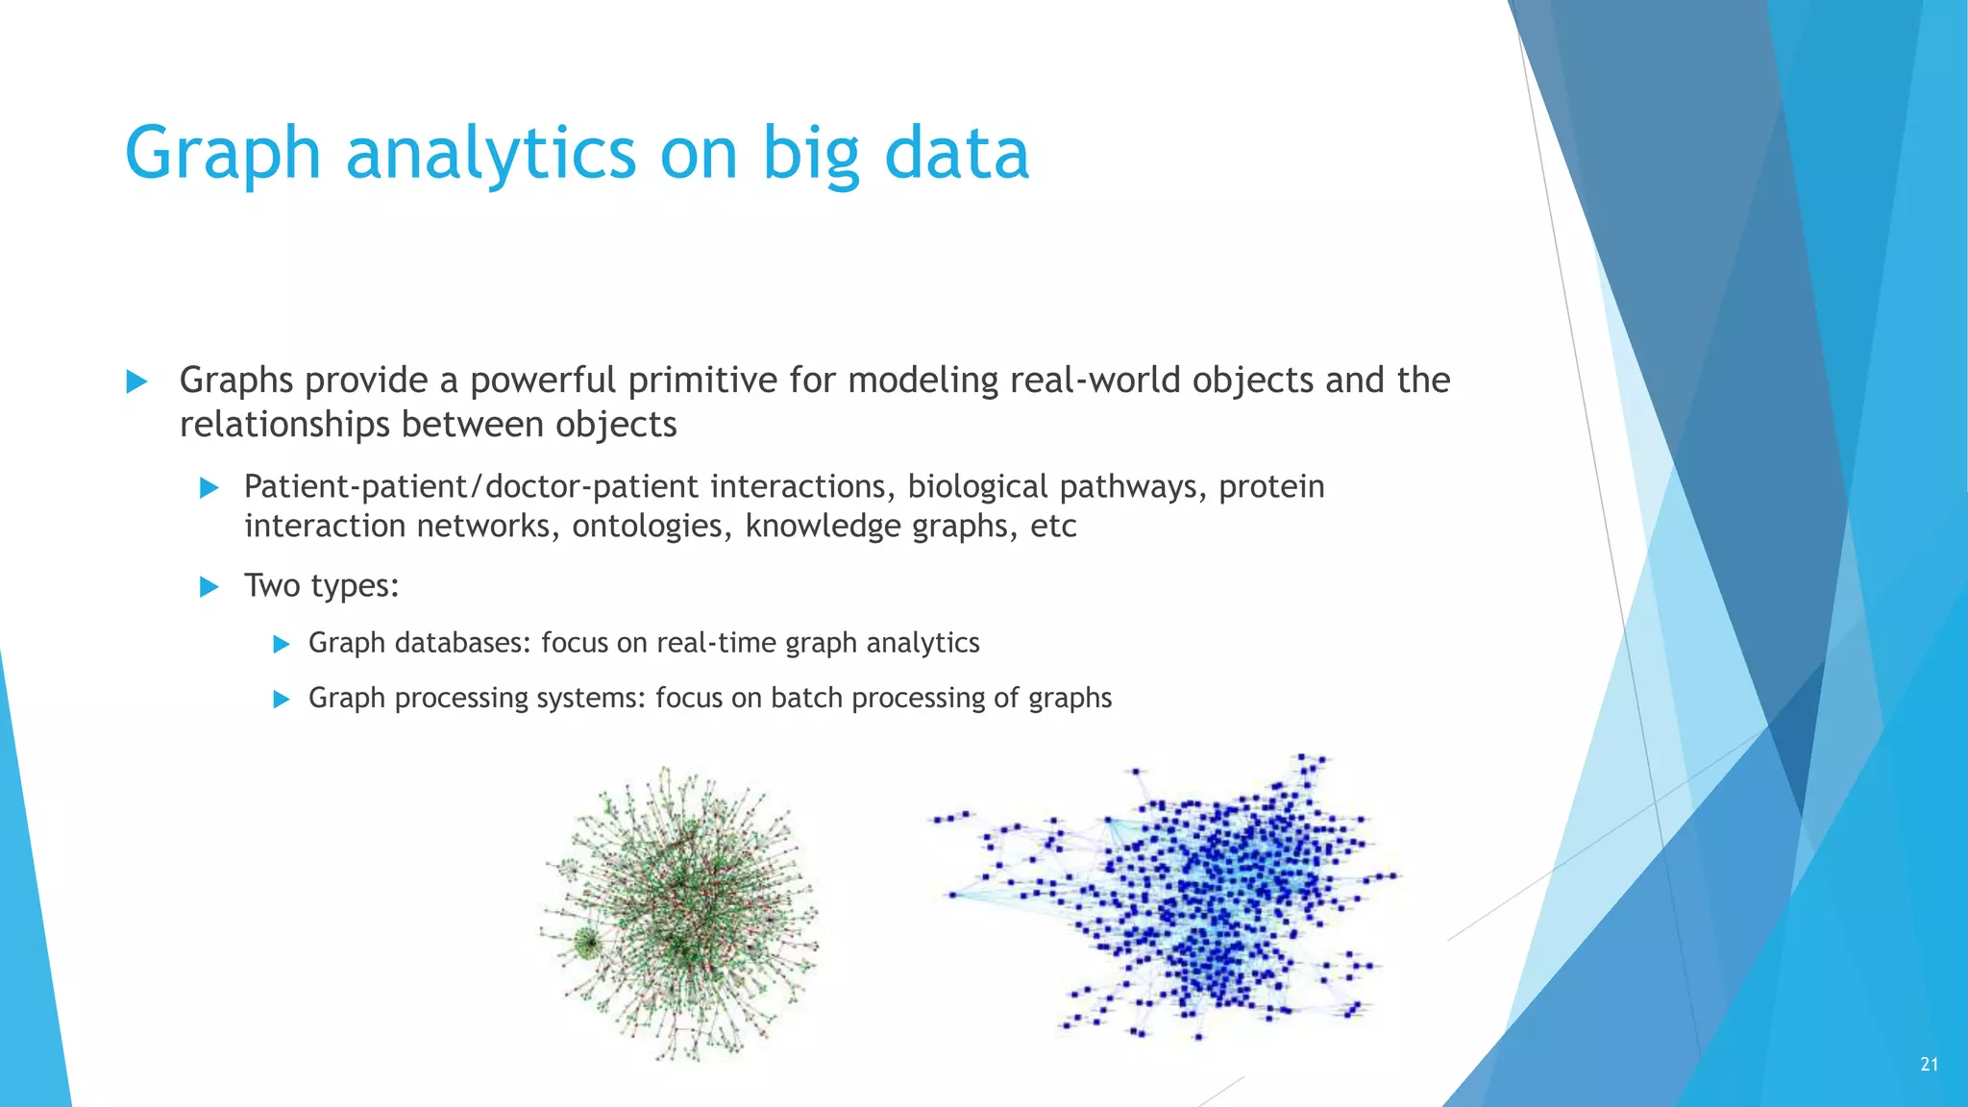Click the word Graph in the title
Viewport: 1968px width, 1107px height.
coord(222,154)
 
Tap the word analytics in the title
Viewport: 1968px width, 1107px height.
coord(490,154)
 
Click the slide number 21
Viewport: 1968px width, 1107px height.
coord(1929,1064)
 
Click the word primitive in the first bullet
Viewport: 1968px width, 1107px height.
coord(703,381)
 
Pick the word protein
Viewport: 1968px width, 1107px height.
coord(1271,487)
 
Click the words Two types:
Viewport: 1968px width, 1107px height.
coord(321,585)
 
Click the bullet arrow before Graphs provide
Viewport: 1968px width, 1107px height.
coord(137,381)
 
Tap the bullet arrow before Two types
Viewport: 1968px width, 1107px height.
coord(209,587)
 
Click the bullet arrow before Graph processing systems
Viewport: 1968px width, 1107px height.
coord(282,700)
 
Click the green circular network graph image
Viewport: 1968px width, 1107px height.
coord(679,913)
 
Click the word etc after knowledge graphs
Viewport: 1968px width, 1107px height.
coord(1053,527)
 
